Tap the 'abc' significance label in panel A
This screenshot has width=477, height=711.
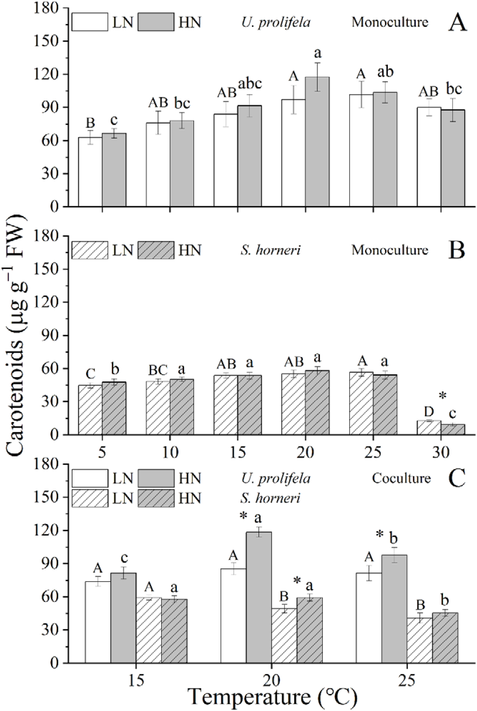point(250,83)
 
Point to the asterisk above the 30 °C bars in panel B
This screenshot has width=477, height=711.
point(443,396)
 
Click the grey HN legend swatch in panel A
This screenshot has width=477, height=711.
point(156,22)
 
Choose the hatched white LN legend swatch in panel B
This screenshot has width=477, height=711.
point(90,250)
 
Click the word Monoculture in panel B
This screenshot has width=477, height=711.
point(390,250)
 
